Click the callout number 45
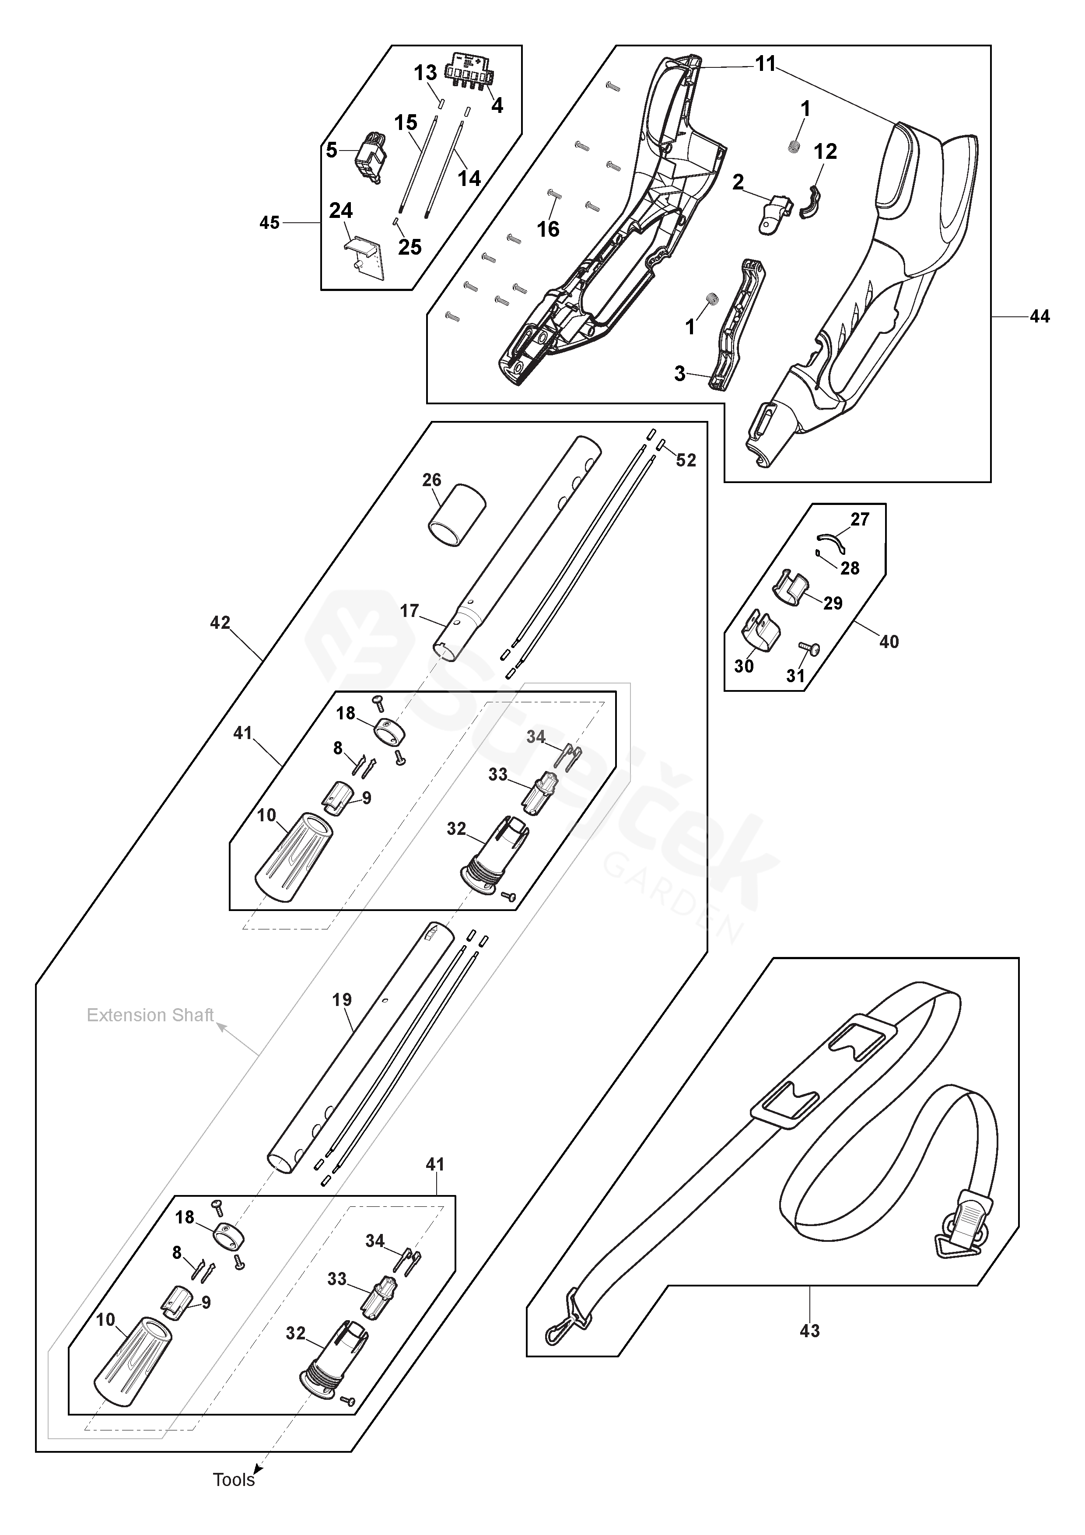tap(269, 223)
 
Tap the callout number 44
tap(1039, 316)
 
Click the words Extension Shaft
tap(150, 1015)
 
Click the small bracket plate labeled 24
tap(366, 257)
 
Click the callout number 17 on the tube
tap(409, 611)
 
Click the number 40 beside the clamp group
tap(889, 642)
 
